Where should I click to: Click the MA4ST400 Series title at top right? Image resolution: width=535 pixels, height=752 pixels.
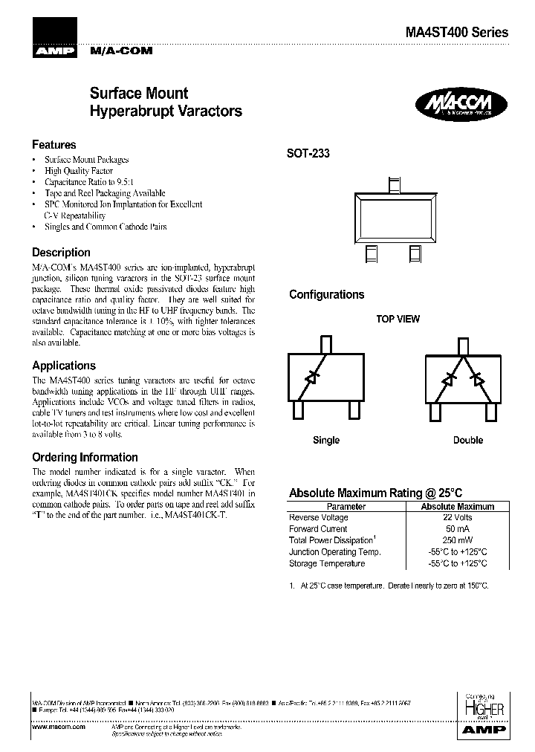[x=457, y=33]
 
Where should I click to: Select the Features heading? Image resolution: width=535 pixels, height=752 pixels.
[x=53, y=145]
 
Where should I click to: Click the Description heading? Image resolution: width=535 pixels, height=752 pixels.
[x=61, y=253]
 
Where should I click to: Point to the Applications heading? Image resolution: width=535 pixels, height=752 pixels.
[x=64, y=366]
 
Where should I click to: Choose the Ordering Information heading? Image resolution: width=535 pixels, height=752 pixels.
[x=85, y=458]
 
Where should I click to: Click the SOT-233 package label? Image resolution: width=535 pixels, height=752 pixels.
[x=308, y=154]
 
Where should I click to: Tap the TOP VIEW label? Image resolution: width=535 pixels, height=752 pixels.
[x=398, y=320]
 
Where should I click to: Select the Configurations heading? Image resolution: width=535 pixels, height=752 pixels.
[x=326, y=295]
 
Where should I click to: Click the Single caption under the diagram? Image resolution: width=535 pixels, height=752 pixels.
[x=326, y=440]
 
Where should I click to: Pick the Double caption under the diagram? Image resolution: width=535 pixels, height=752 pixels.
[x=468, y=440]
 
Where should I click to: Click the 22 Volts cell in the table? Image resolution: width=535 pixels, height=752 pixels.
[x=457, y=518]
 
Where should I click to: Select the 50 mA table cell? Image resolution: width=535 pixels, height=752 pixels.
[x=457, y=529]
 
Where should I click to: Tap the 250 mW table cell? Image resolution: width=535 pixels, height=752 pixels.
[x=457, y=541]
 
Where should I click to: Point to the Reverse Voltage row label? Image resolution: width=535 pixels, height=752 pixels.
[x=318, y=518]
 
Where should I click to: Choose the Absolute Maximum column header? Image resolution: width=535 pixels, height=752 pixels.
[x=457, y=507]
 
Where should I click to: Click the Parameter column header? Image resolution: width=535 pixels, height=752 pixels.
[x=346, y=507]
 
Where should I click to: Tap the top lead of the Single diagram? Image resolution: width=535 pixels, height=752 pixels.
[x=325, y=344]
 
